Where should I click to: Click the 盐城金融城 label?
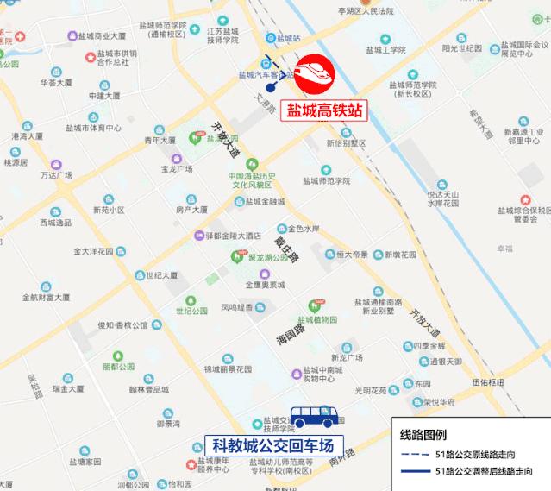point(264,202)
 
